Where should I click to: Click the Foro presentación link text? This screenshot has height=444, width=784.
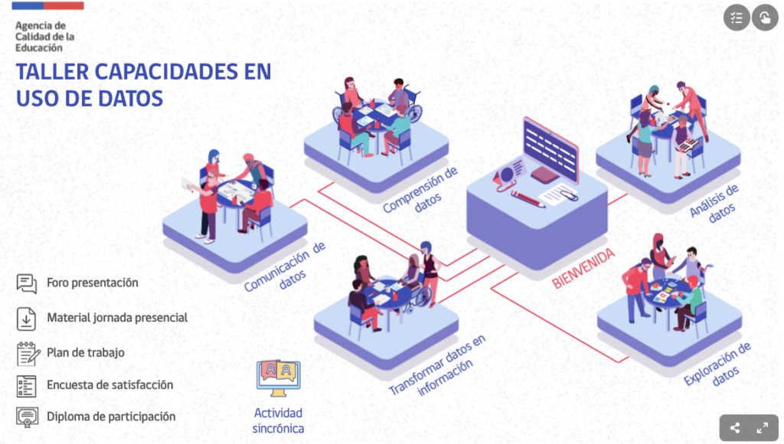click(92, 282)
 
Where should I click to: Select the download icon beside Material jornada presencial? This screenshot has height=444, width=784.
click(27, 317)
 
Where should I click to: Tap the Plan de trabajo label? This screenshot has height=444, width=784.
click(85, 352)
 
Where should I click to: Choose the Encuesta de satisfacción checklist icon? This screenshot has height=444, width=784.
click(27, 385)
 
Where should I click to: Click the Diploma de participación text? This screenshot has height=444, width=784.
click(110, 417)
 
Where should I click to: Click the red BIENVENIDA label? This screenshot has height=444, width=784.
click(583, 269)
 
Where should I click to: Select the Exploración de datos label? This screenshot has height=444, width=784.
click(719, 364)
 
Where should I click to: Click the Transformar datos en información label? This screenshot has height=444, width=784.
click(438, 366)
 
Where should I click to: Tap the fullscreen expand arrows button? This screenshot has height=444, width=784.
click(763, 428)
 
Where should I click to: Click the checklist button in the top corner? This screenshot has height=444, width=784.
click(737, 18)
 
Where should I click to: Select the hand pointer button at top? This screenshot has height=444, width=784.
click(764, 18)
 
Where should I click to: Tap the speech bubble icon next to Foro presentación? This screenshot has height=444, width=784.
click(27, 283)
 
